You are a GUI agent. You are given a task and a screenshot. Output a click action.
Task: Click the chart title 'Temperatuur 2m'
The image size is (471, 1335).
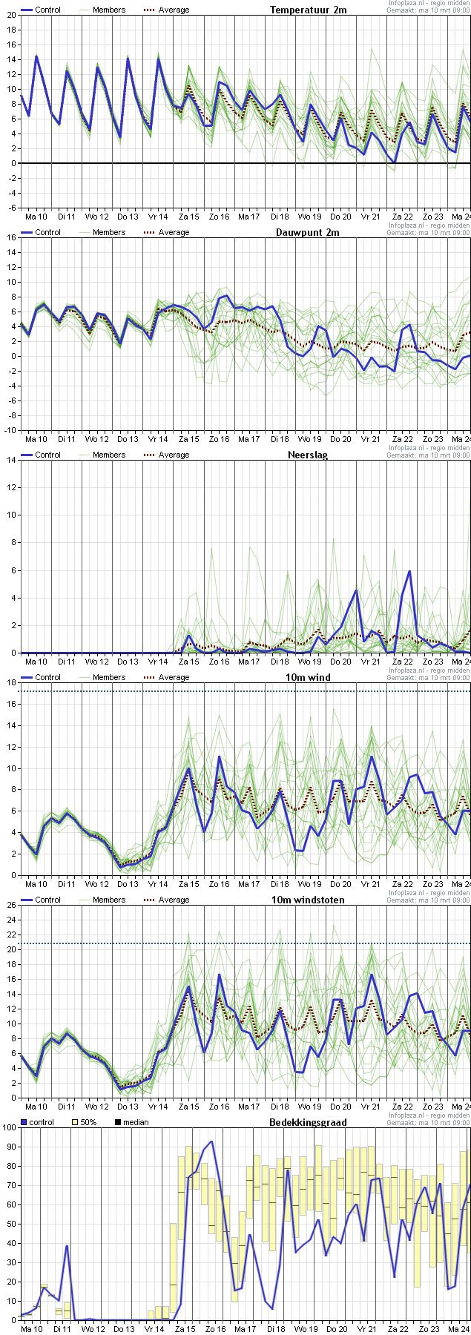tap(308, 10)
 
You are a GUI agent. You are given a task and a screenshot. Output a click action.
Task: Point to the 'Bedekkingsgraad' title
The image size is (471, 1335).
tap(308, 1122)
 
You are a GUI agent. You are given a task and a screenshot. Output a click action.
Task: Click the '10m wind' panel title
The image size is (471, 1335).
tap(308, 677)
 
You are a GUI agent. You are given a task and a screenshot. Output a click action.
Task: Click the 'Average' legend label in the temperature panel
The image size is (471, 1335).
tap(174, 10)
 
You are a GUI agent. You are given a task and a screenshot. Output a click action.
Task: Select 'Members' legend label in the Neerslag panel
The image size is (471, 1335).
tap(109, 455)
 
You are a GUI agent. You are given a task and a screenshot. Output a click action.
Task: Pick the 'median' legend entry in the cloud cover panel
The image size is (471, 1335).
tap(136, 1122)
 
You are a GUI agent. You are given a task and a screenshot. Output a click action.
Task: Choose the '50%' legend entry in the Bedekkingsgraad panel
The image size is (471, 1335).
tap(88, 1122)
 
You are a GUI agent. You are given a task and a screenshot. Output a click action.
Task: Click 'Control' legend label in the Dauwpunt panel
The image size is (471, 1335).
tap(47, 232)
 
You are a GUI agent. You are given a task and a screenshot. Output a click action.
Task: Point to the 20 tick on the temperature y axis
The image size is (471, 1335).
tap(10, 15)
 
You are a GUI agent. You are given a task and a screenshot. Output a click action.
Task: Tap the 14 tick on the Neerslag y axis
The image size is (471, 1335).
tap(10, 460)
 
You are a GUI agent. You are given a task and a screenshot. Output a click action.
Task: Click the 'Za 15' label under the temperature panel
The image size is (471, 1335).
tap(188, 217)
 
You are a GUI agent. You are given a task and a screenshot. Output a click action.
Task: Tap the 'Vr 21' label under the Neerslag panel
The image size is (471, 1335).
tap(370, 662)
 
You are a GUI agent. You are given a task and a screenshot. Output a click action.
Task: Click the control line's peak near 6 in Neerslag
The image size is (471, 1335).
tap(409, 571)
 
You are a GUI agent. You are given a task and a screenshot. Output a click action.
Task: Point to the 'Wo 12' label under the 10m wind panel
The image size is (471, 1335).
tap(96, 884)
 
